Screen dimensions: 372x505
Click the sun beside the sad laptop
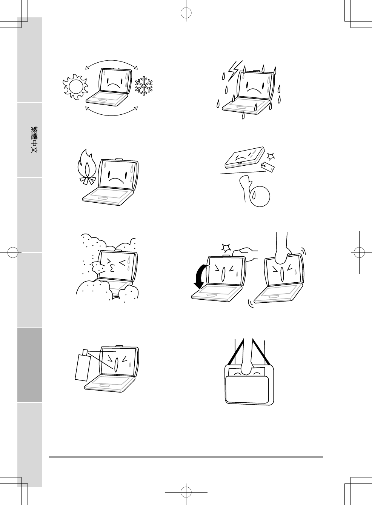click(75, 87)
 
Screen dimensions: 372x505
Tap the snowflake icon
click(144, 86)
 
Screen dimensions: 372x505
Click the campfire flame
click(86, 167)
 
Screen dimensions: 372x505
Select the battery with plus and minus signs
click(267, 167)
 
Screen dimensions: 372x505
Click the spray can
click(83, 365)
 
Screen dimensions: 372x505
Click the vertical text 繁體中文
click(34, 140)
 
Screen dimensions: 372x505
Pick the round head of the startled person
click(260, 196)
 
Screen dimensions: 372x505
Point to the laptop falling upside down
click(245, 158)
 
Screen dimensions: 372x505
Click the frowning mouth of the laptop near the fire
click(116, 180)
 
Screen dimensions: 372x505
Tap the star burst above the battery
click(271, 156)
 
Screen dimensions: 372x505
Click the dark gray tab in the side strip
click(30, 365)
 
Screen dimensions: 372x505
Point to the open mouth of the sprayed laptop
click(116, 365)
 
